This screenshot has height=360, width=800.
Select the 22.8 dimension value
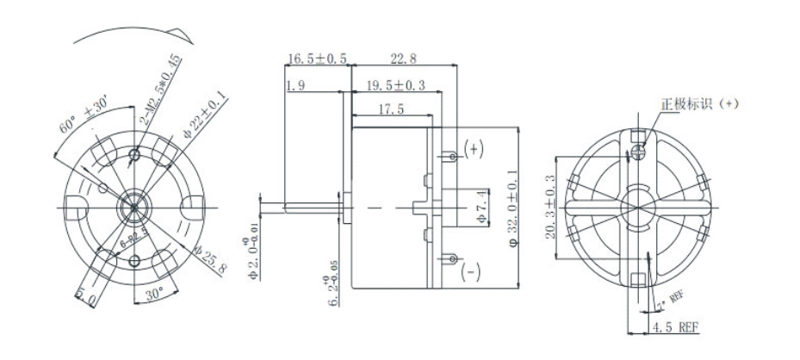403,59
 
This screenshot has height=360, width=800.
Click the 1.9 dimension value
295,85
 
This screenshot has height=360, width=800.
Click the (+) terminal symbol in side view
474,148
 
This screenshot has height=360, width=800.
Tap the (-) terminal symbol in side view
471,273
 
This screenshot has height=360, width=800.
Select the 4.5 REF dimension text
675,326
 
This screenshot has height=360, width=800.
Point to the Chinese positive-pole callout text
700,104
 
